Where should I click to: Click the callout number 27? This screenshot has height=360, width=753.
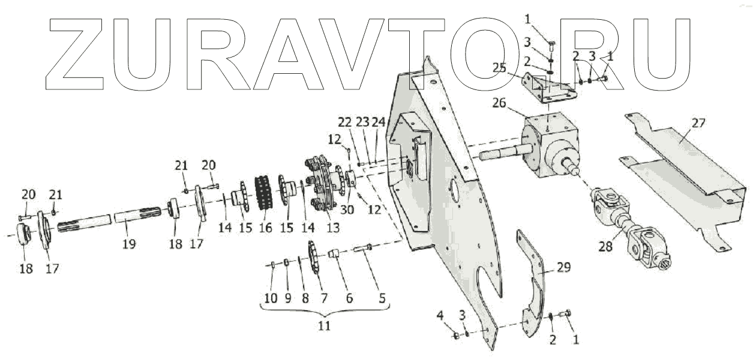tap(698, 124)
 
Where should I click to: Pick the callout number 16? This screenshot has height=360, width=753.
tap(265, 228)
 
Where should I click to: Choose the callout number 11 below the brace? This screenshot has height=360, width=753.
tap(325, 326)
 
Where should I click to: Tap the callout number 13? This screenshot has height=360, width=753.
tap(332, 228)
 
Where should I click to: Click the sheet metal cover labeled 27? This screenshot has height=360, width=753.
tap(678, 174)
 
